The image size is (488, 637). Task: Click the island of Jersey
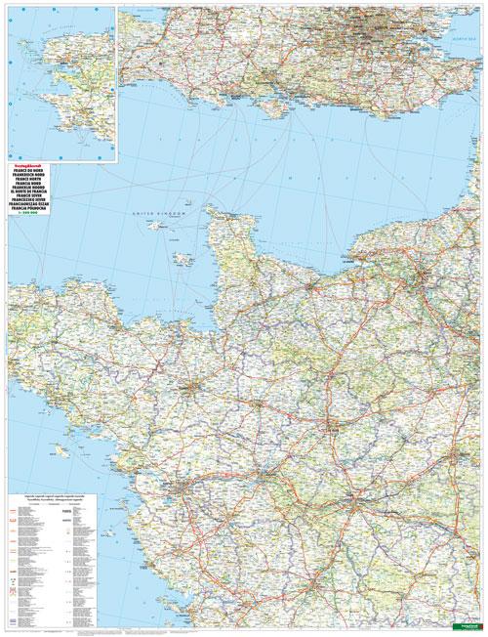click(x=181, y=260)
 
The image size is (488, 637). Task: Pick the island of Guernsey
click(x=156, y=227)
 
